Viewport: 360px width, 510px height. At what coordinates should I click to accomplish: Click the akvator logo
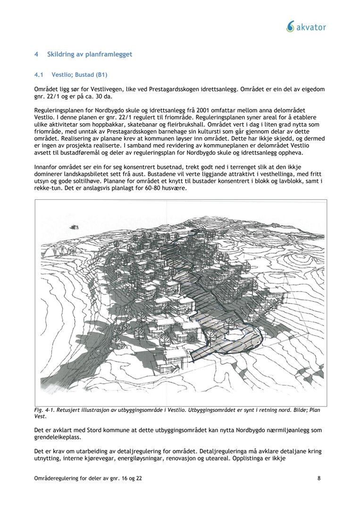point(306,27)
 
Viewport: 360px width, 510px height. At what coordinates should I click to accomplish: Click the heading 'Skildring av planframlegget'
point(90,54)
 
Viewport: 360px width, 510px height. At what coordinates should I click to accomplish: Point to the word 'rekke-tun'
point(49,188)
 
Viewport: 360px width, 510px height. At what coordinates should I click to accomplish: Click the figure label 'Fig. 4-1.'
point(47,410)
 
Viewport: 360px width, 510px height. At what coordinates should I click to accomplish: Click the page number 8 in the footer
point(319,478)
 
